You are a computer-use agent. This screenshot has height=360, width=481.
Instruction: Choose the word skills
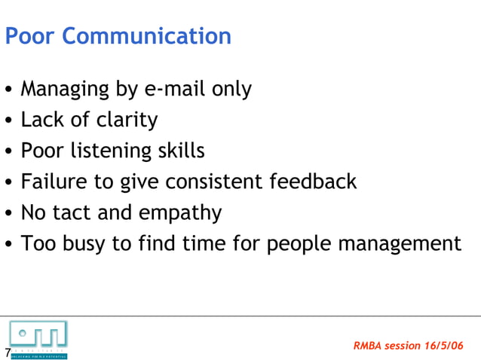click(x=179, y=151)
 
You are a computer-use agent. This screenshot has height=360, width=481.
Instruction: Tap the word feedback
click(x=316, y=182)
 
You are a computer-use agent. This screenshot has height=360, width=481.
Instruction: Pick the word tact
click(x=75, y=213)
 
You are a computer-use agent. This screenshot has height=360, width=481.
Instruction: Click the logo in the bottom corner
click(x=38, y=337)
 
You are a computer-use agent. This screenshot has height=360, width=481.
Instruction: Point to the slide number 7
click(x=7, y=353)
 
